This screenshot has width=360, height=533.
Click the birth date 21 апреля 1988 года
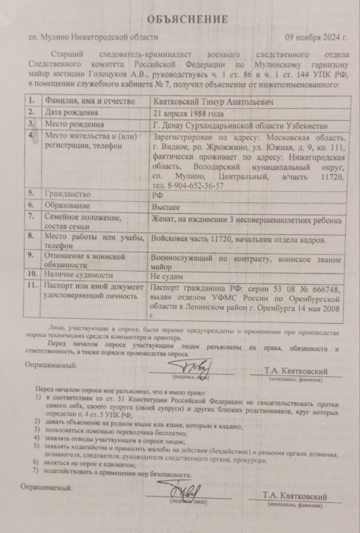(187, 113)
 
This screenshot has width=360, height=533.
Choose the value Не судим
(166, 276)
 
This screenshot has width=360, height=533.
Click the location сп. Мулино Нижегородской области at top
(94, 37)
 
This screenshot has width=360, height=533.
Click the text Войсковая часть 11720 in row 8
(195, 240)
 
